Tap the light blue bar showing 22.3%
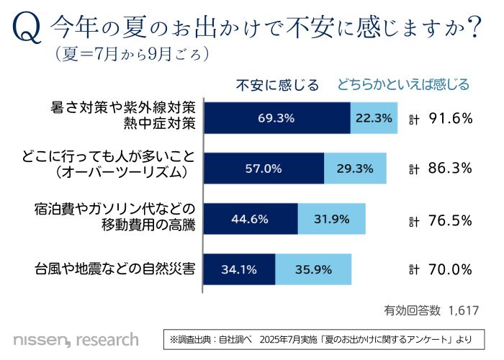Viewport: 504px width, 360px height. click(x=374, y=117)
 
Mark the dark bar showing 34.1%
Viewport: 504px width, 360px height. click(x=240, y=270)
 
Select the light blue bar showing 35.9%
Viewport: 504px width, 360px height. click(x=313, y=270)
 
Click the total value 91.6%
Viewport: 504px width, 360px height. click(x=450, y=118)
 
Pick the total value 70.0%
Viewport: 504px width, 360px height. click(x=450, y=270)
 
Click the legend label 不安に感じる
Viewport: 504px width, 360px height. click(x=278, y=85)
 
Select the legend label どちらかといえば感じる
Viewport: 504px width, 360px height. click(x=404, y=85)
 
